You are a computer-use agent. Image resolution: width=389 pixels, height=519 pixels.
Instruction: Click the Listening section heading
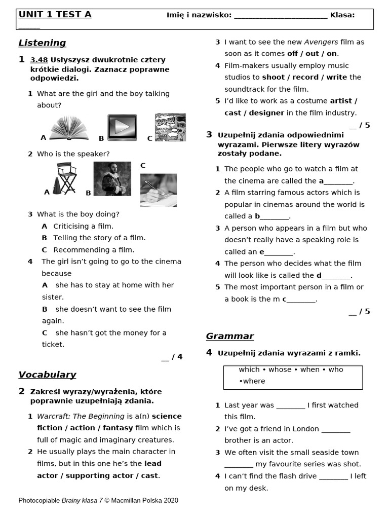point(42,43)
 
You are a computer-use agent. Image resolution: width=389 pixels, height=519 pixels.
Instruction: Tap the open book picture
point(69,128)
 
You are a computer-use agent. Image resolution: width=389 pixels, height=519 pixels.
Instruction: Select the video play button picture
point(122,128)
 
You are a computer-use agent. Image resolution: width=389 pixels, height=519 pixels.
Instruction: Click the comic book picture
point(170,127)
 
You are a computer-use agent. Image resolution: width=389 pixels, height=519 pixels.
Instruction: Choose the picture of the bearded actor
point(112,178)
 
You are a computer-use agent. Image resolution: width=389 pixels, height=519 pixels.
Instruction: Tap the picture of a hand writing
point(159,190)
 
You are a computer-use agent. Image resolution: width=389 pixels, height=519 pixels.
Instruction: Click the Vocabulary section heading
point(47,375)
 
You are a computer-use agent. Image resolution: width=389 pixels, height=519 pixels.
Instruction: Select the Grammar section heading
point(229,337)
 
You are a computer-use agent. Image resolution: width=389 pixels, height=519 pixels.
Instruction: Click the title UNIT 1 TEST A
point(55,15)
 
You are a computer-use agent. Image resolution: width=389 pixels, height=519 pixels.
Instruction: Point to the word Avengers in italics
point(322,42)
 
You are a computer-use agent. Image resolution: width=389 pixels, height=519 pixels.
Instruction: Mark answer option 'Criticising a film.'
point(83,227)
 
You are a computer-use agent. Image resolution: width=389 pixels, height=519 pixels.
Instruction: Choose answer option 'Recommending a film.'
point(94,250)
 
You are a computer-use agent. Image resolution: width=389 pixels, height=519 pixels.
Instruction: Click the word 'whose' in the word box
point(280,370)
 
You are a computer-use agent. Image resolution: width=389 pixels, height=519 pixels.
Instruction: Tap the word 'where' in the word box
point(254,381)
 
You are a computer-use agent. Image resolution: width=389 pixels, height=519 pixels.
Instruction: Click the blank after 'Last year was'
point(291,405)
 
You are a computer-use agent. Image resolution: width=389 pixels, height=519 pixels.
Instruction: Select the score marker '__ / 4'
point(172,357)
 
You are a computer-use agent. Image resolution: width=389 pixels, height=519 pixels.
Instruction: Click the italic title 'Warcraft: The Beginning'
point(81,416)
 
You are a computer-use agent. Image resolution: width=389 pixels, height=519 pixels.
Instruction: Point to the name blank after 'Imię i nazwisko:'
point(281,15)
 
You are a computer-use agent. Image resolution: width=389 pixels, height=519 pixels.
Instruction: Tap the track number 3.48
point(39,60)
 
